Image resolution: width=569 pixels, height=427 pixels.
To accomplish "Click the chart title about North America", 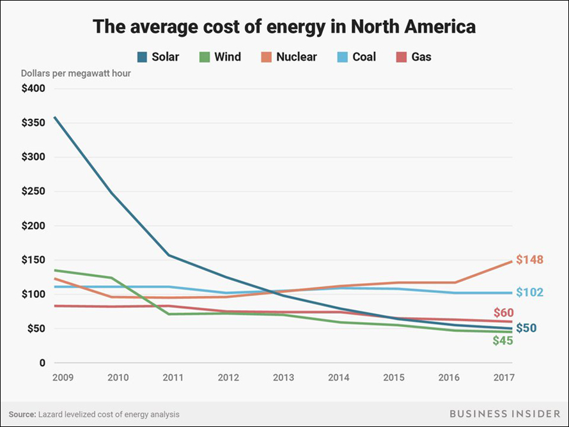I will pyautogui.click(x=284, y=27).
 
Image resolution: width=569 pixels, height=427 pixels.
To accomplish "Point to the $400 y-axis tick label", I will pyautogui.click(x=33, y=88).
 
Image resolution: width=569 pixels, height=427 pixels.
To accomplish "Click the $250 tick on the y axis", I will pyautogui.click(x=33, y=191).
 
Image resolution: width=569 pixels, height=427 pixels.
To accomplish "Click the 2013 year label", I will pyautogui.click(x=283, y=378).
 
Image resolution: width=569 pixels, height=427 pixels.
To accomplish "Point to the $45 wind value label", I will pyautogui.click(x=503, y=341).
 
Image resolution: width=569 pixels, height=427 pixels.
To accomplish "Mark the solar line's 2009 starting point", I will pyautogui.click(x=55, y=118).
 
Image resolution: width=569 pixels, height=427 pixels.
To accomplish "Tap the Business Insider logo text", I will pyautogui.click(x=501, y=414).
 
